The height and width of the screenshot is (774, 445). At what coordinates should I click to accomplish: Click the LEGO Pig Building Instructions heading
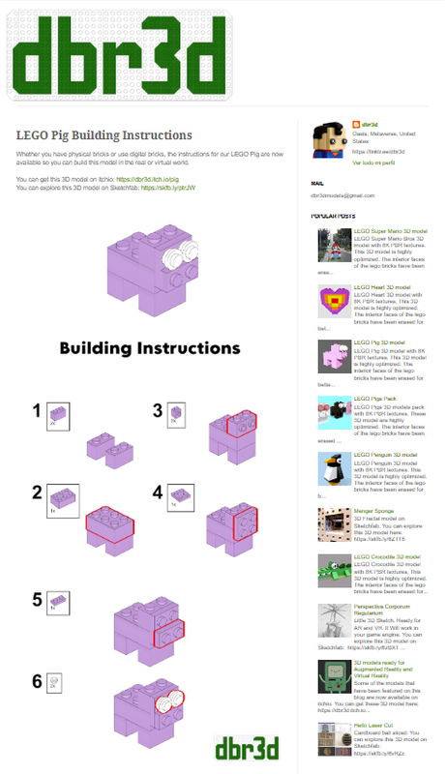[104, 135]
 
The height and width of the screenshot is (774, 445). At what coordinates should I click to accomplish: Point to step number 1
[37, 411]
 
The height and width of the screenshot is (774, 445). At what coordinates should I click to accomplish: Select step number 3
[157, 410]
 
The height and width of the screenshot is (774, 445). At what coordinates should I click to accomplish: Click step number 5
[37, 599]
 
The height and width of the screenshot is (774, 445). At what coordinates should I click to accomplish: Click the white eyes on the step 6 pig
[173, 698]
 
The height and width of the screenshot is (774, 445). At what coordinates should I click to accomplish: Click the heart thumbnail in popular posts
[332, 305]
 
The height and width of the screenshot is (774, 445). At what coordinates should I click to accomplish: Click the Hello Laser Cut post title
[374, 724]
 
